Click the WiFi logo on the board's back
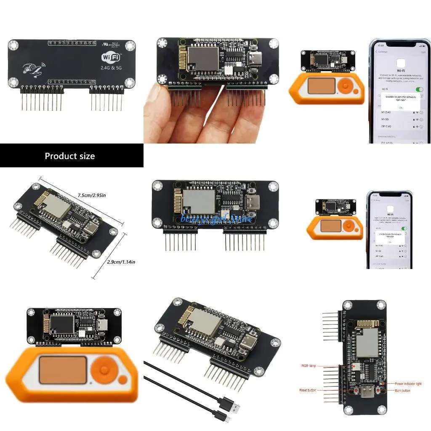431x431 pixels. pyautogui.click(x=111, y=57)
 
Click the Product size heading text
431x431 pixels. pyautogui.click(x=70, y=156)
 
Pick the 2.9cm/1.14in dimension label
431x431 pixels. pyautogui.click(x=121, y=261)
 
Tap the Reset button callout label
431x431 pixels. pyautogui.click(x=308, y=391)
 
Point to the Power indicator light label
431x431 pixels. pyautogui.click(x=408, y=384)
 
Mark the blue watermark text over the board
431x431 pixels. pyautogui.click(x=216, y=218)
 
